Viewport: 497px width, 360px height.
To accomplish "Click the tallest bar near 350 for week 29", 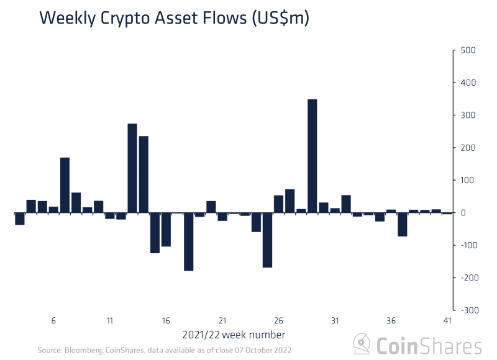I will pyautogui.click(x=312, y=156).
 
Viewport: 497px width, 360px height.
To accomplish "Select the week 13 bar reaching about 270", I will pyautogui.click(x=132, y=168).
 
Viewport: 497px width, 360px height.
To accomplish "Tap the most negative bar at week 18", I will pyautogui.click(x=188, y=241).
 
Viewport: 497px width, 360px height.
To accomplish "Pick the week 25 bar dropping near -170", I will pyautogui.click(x=267, y=240).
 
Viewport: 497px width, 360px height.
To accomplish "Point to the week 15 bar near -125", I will pyautogui.click(x=155, y=233).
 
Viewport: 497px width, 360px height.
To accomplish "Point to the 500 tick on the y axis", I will pyautogui.click(x=467, y=50).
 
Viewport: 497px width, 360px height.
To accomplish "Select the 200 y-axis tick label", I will pyautogui.click(x=467, y=148).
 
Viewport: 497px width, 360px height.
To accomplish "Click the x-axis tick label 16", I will pyautogui.click(x=166, y=321).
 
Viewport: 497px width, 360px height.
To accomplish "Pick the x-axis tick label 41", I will pyautogui.click(x=447, y=321).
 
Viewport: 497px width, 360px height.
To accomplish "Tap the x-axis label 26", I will pyautogui.click(x=278, y=321).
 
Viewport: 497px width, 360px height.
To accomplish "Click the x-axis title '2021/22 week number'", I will pyautogui.click(x=234, y=335).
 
